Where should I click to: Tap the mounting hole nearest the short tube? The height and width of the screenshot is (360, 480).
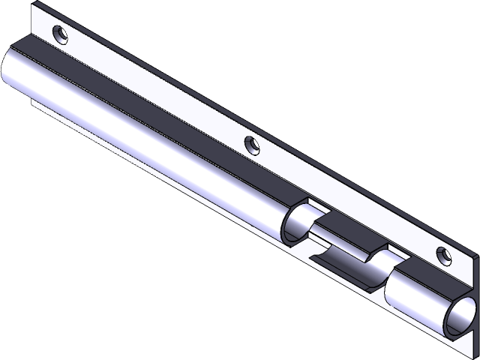pyautogui.click(x=443, y=255)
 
